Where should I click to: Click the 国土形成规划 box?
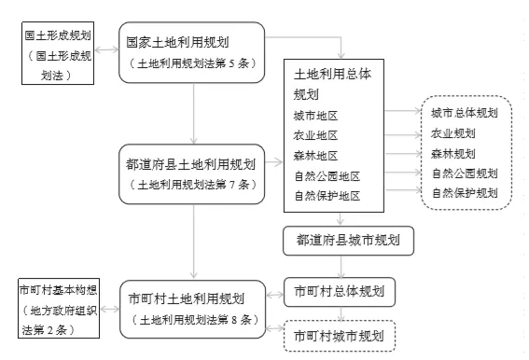[x=57, y=55]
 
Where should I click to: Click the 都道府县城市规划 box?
[x=348, y=240]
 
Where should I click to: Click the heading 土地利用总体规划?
[x=332, y=83]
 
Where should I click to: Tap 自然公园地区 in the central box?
[x=326, y=175]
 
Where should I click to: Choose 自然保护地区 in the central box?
[x=326, y=195]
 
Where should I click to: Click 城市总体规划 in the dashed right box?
[x=464, y=113]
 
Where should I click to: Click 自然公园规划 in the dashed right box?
[x=464, y=173]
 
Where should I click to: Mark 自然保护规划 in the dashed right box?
[x=464, y=193]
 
